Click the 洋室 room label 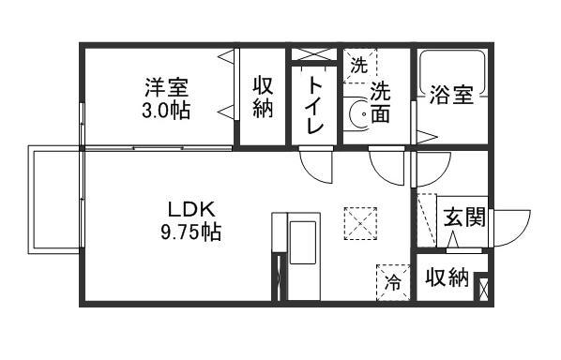pos(167,89)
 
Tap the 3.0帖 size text pos(167,111)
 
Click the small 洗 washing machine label pos(358,66)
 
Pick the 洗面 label pos(380,102)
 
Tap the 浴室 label pos(450,96)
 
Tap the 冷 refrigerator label pos(394,280)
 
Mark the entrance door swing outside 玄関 pos(508,228)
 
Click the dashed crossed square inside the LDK pos(358,222)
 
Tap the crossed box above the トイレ pos(313,53)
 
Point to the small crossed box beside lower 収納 pos(482,286)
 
